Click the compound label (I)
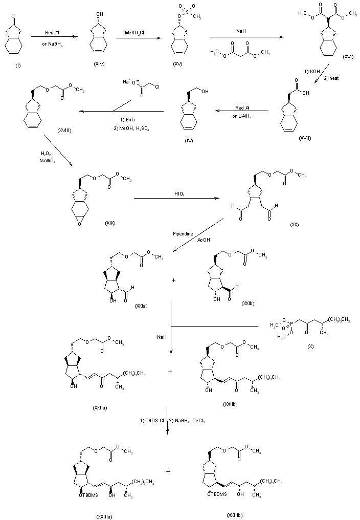tap(11, 63)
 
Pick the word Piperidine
tap(183, 234)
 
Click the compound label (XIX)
tap(109, 224)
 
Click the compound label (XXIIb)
tap(231, 404)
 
